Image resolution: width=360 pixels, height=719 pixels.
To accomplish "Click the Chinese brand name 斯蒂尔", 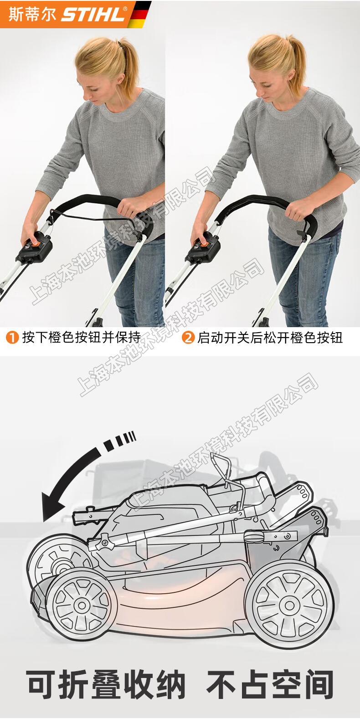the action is point(32,14).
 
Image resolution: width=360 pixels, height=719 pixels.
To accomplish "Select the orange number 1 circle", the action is point(12,337).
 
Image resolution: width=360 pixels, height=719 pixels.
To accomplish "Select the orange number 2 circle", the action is point(188,337).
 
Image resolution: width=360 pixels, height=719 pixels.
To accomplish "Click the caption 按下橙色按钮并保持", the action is point(82,337).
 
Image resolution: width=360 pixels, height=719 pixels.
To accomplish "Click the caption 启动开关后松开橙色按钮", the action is point(270,337).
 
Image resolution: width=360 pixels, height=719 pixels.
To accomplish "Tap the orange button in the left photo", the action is point(34,243).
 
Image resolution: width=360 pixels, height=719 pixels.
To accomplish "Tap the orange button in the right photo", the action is point(203,243).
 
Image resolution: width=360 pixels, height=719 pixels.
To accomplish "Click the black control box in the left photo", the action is point(34,249).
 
